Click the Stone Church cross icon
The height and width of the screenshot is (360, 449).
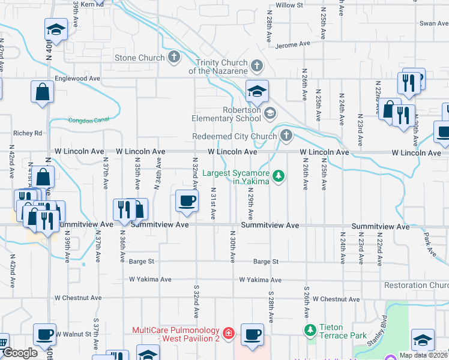(174, 58)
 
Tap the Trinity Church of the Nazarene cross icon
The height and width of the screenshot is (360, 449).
(257, 65)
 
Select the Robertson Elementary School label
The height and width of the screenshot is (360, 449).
(226, 114)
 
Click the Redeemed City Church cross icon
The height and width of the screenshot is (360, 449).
(286, 136)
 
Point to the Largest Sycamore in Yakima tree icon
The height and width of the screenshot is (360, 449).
(278, 176)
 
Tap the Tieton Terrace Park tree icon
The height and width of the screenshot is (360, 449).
(310, 330)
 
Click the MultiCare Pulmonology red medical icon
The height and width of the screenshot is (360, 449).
(228, 332)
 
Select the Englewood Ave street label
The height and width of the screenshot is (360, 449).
(77, 79)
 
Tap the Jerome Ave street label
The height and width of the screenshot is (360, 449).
(293, 44)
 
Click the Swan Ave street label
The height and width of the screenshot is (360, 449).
(434, 23)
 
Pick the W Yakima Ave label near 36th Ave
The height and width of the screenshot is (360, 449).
(151, 280)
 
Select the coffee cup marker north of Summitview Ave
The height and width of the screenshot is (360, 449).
(187, 200)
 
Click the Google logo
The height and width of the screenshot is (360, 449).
(20, 353)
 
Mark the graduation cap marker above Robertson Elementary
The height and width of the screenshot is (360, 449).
(257, 92)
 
